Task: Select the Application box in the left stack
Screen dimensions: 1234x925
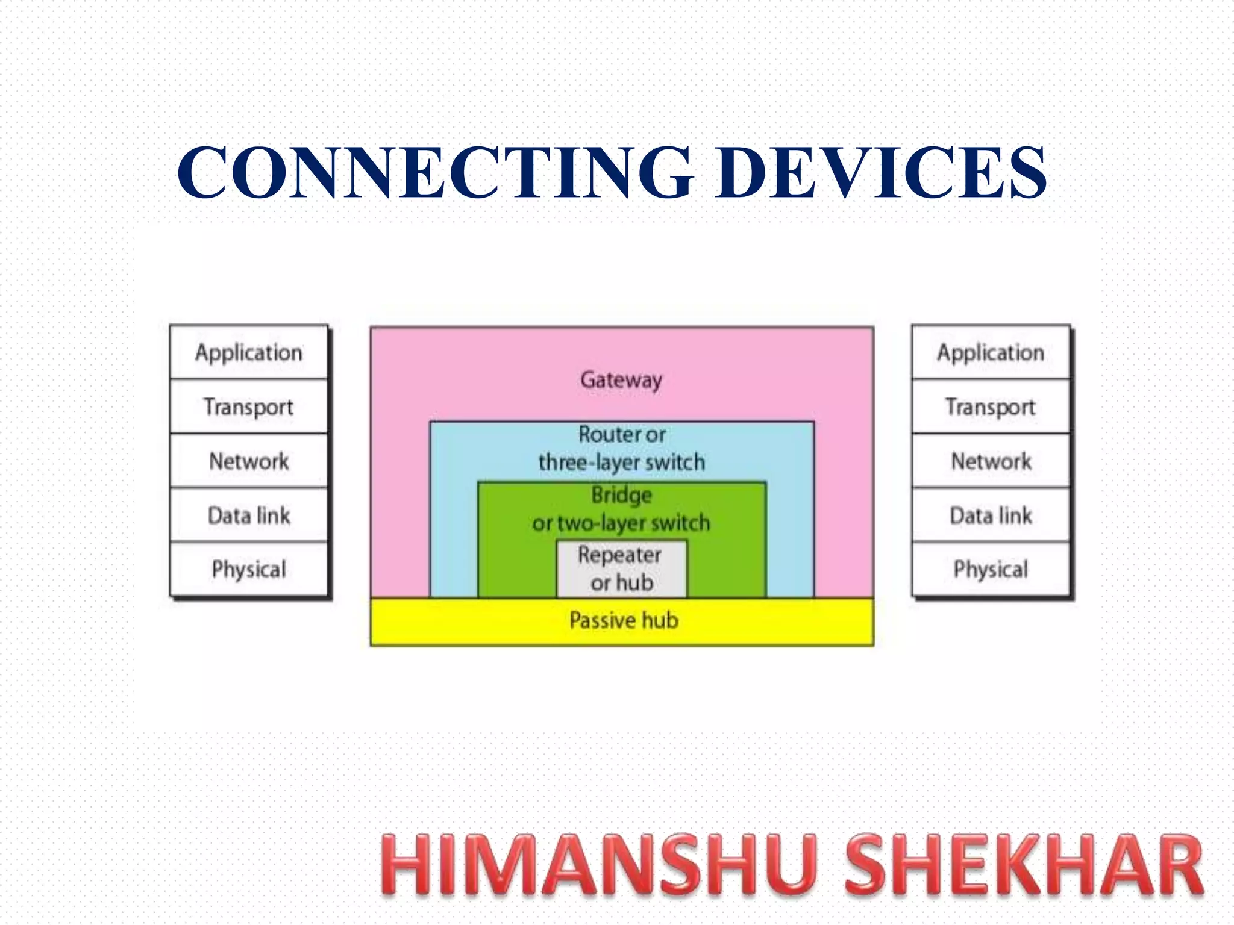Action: (249, 352)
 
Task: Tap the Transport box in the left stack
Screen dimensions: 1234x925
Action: (249, 406)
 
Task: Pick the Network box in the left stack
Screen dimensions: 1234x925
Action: (249, 461)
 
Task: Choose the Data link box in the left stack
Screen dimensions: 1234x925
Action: (249, 515)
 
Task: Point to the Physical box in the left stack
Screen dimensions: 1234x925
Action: (249, 569)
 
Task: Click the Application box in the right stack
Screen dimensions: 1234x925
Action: (991, 352)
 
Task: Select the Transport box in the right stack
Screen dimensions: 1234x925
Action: (991, 406)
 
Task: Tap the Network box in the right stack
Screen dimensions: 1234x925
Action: (991, 461)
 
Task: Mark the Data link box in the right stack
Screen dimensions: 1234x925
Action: (991, 515)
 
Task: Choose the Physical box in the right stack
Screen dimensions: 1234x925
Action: (991, 569)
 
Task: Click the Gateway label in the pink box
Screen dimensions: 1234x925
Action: (621, 380)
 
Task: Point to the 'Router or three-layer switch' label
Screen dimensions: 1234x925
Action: (622, 449)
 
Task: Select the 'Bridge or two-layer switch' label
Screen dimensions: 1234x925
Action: (621, 509)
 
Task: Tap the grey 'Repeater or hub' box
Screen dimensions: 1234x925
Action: (621, 569)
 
